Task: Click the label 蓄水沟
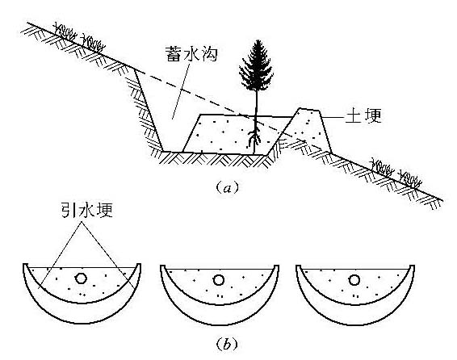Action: tap(191, 53)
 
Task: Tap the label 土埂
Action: tap(363, 115)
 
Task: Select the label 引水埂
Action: tap(87, 210)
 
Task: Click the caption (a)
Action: tap(228, 188)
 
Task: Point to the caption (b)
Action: tap(227, 345)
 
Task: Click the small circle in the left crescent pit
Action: tap(81, 278)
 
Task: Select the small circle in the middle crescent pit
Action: tap(218, 280)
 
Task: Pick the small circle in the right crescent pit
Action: tap(354, 280)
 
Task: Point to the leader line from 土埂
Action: tap(333, 117)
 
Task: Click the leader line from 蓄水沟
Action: tap(181, 91)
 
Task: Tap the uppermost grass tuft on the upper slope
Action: tap(65, 32)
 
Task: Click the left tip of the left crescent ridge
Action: tap(25, 265)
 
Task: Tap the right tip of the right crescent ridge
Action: tap(413, 266)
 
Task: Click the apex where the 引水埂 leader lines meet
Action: tap(82, 222)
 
